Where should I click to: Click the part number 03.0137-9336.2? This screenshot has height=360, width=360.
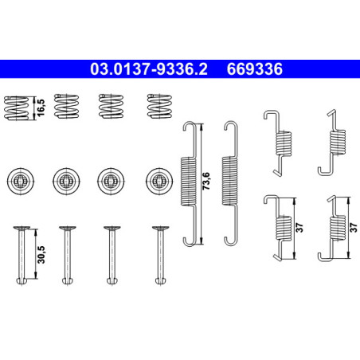click(149, 69)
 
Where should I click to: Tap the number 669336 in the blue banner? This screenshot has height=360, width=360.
click(255, 69)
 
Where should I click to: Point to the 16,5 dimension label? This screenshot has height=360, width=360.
click(41, 108)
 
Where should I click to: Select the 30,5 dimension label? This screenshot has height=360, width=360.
click(41, 255)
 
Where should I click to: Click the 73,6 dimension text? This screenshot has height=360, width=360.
click(206, 181)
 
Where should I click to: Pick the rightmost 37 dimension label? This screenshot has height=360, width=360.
click(354, 228)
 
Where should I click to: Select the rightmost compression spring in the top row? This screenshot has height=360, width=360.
click(159, 106)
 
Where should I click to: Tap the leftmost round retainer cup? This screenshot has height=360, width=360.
click(21, 182)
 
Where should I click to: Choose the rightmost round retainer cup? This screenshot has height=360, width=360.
click(159, 182)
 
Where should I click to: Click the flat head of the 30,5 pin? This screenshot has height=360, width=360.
click(22, 228)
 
